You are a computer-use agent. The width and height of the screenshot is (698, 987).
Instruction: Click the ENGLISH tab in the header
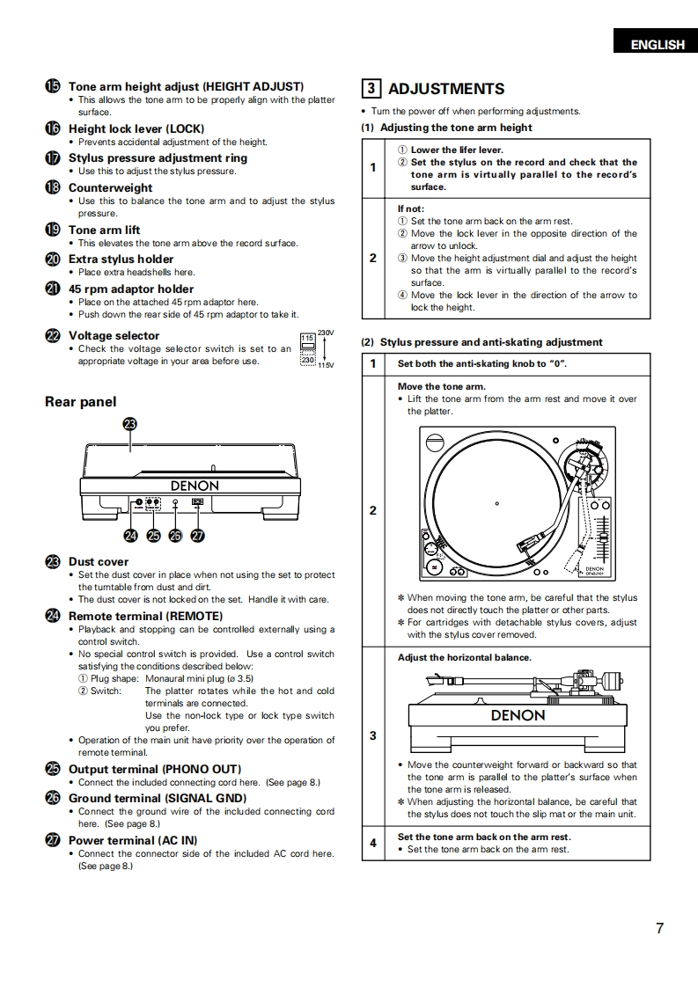click(657, 45)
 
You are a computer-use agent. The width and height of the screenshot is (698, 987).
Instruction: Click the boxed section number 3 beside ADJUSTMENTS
click(371, 89)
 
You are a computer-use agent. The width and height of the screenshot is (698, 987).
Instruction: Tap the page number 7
click(659, 928)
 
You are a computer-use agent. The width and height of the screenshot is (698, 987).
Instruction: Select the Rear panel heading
click(80, 402)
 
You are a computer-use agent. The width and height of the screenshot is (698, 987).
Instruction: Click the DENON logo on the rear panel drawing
click(195, 486)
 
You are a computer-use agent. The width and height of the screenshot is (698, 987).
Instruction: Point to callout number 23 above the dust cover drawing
click(130, 424)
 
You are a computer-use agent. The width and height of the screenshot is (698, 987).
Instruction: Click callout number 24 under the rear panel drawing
click(131, 535)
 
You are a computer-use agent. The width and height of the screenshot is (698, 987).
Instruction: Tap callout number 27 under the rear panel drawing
click(197, 535)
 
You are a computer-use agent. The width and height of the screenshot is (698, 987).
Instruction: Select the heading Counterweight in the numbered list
click(110, 187)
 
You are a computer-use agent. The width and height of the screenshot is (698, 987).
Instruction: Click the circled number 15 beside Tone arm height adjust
click(52, 86)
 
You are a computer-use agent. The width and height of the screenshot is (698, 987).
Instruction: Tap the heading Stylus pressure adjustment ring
click(158, 158)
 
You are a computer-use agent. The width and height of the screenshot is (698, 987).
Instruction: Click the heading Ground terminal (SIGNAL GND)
click(157, 798)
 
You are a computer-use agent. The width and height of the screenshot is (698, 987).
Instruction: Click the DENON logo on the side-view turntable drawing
click(517, 715)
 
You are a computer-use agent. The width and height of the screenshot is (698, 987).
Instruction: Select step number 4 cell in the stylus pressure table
click(372, 843)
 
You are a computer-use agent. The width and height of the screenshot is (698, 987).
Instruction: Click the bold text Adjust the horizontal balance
click(464, 657)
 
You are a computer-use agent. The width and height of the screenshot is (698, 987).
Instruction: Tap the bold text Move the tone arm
click(441, 386)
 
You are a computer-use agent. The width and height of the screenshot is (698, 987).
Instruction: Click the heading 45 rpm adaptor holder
click(130, 289)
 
